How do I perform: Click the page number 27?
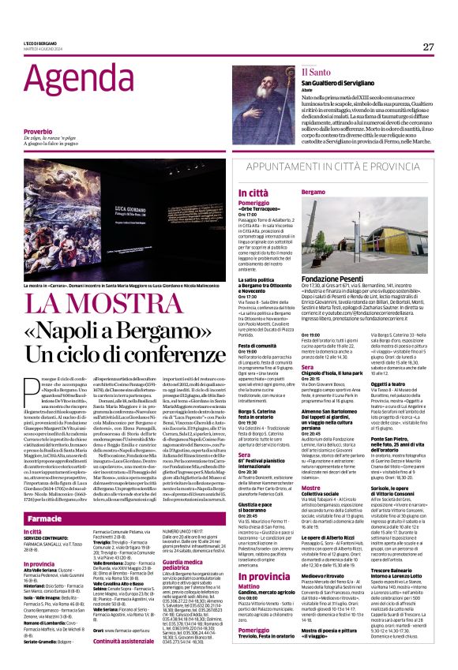click(429, 47)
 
